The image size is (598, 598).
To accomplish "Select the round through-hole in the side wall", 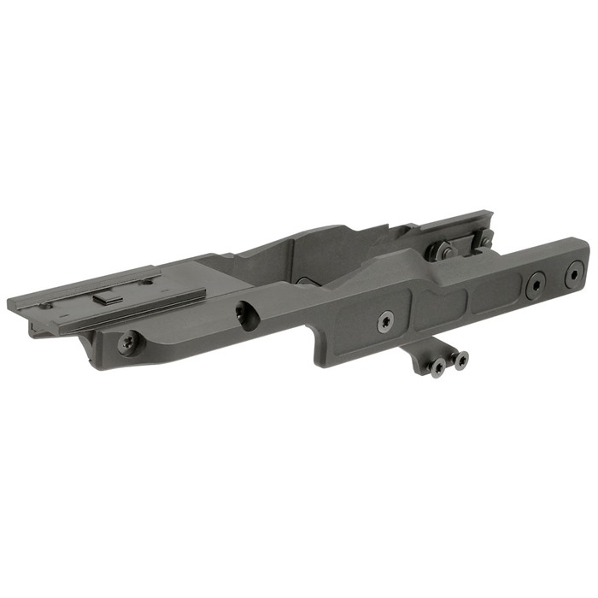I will pos(246,317).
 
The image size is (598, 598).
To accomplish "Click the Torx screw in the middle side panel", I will pos(386,321).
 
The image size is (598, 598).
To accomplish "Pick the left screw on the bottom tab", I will pos(437,368).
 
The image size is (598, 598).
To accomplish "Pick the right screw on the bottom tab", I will pos(460,361).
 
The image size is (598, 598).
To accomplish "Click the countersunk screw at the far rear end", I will pos(572,273).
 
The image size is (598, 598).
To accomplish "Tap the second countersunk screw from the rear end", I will pos(536,285).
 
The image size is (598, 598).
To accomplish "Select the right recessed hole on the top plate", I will pos(147,281).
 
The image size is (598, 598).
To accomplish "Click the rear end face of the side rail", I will pos(586,256).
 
